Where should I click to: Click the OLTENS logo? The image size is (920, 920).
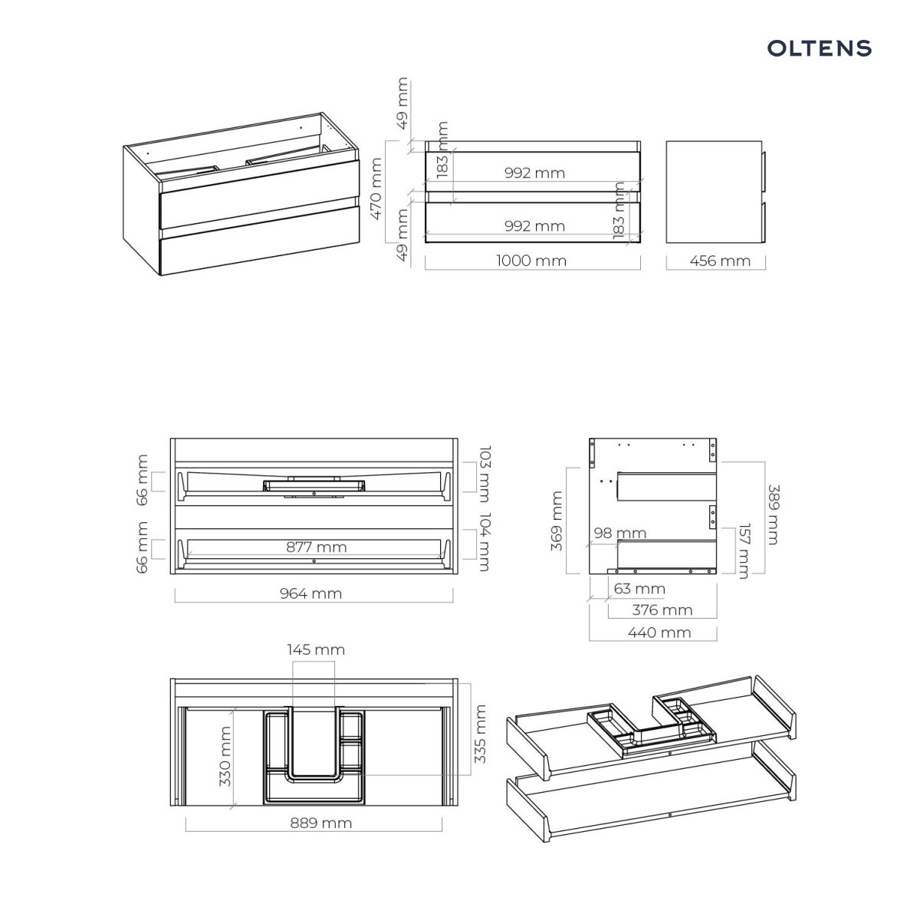click(820, 48)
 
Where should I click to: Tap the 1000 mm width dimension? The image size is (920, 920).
click(531, 261)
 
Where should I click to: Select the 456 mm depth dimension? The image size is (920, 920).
click(720, 261)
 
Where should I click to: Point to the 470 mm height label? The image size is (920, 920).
click(376, 189)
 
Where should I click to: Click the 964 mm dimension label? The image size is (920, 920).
click(310, 593)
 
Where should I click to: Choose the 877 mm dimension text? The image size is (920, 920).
click(317, 547)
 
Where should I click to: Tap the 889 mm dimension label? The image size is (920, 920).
click(321, 823)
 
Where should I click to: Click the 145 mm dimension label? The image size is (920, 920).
click(316, 650)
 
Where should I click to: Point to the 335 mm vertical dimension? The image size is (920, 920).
click(480, 734)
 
